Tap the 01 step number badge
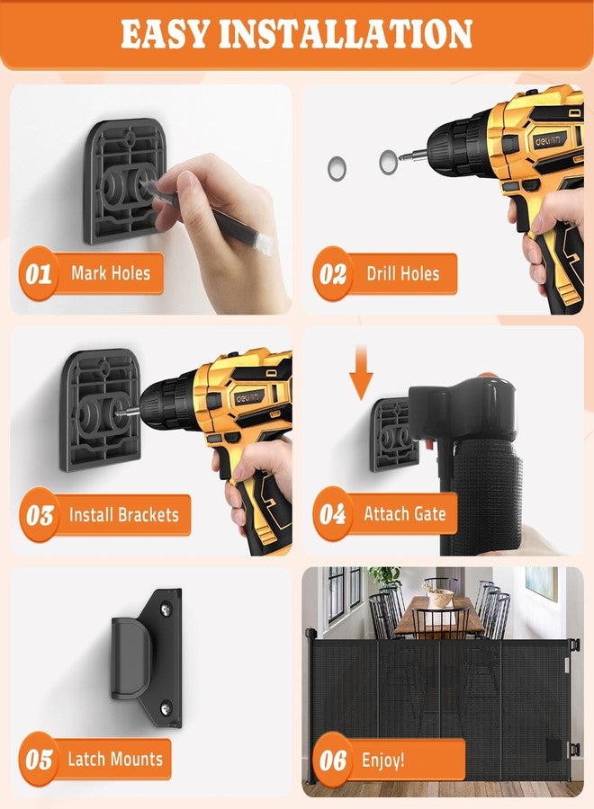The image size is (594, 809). (39, 273)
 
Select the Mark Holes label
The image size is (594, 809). (111, 273)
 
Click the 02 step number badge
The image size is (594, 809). (333, 273)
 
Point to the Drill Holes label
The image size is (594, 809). (403, 273)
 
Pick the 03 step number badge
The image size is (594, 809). (40, 515)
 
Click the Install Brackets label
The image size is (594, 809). (124, 514)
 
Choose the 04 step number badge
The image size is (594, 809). (333, 514)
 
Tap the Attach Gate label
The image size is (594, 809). (405, 513)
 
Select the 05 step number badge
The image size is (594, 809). (39, 759)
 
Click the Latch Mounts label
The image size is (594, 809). (115, 759)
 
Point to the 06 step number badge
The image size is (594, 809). (333, 760)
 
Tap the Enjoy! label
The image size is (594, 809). (382, 760)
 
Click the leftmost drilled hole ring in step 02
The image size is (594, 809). (337, 168)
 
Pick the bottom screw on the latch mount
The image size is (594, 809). (166, 708)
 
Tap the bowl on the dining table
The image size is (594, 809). (439, 597)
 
